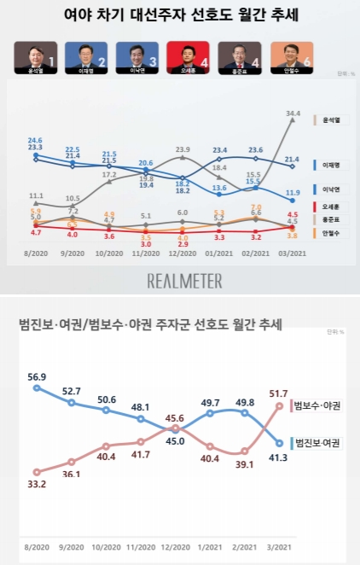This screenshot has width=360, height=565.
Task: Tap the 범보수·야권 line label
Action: click(316, 406)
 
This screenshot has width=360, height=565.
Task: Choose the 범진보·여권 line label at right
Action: click(316, 443)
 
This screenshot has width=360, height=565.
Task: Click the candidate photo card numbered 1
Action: click(37, 57)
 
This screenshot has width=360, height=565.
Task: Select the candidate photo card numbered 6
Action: click(292, 57)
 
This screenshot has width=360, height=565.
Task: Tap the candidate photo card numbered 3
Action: click(138, 57)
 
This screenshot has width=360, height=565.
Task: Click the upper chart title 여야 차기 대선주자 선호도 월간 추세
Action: click(179, 15)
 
